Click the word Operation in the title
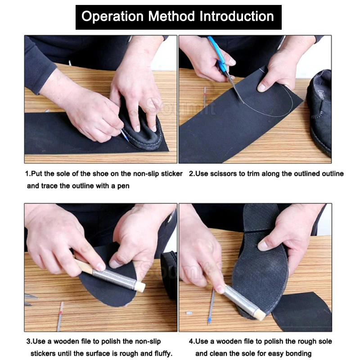[x=110, y=17]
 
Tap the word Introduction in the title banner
[x=237, y=17]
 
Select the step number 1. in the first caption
[x=28, y=174]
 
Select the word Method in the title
[x=167, y=17]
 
